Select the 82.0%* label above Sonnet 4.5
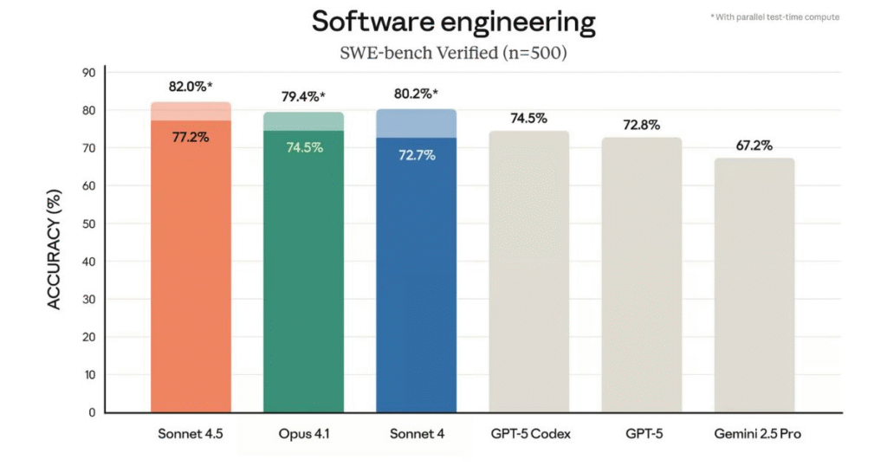pyautogui.click(x=191, y=87)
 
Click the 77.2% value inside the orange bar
pyautogui.click(x=191, y=136)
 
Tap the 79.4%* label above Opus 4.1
pyautogui.click(x=303, y=97)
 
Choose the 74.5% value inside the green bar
pyautogui.click(x=304, y=147)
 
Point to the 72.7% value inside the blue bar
pyautogui.click(x=417, y=155)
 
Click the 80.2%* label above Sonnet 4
pyautogui.click(x=417, y=94)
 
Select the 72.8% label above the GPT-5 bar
pyautogui.click(x=641, y=125)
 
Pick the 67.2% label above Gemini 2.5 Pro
pyautogui.click(x=754, y=146)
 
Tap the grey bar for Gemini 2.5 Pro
pyautogui.click(x=754, y=286)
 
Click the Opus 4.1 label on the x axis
pyautogui.click(x=304, y=434)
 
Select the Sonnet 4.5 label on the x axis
pyautogui.click(x=191, y=434)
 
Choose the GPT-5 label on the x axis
pyautogui.click(x=641, y=434)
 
